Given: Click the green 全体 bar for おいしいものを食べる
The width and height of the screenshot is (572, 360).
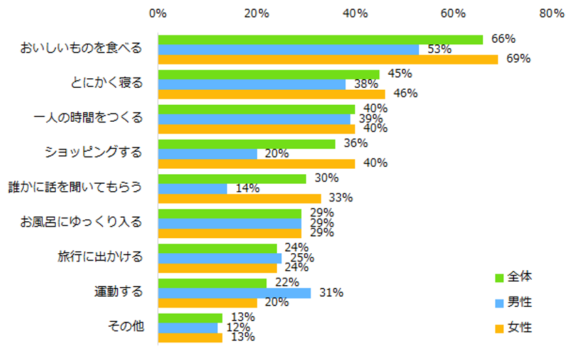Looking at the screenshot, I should pos(320,39).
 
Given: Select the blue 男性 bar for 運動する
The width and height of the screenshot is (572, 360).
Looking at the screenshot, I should pos(234,293).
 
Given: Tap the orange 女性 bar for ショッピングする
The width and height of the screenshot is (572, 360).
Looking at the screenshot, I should pos(256,163).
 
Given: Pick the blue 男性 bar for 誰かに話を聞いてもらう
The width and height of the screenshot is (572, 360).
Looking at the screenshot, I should pos(193,189).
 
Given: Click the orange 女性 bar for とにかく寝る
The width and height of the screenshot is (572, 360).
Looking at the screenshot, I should pos(271,94).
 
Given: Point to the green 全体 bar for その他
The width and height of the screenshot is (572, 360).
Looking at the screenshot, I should pos(190,318).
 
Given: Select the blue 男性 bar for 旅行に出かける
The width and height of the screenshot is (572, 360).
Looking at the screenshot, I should pos(219,258).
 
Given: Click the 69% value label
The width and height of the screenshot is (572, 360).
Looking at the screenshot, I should pos(519,59).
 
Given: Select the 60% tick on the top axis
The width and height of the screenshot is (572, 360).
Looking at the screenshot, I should pos(453,13).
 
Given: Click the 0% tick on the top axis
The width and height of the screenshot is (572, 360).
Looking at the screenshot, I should pos(158,13).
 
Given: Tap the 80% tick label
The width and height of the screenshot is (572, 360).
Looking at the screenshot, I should pos(551,13).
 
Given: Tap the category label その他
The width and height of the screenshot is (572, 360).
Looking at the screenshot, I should pos(126,326).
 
